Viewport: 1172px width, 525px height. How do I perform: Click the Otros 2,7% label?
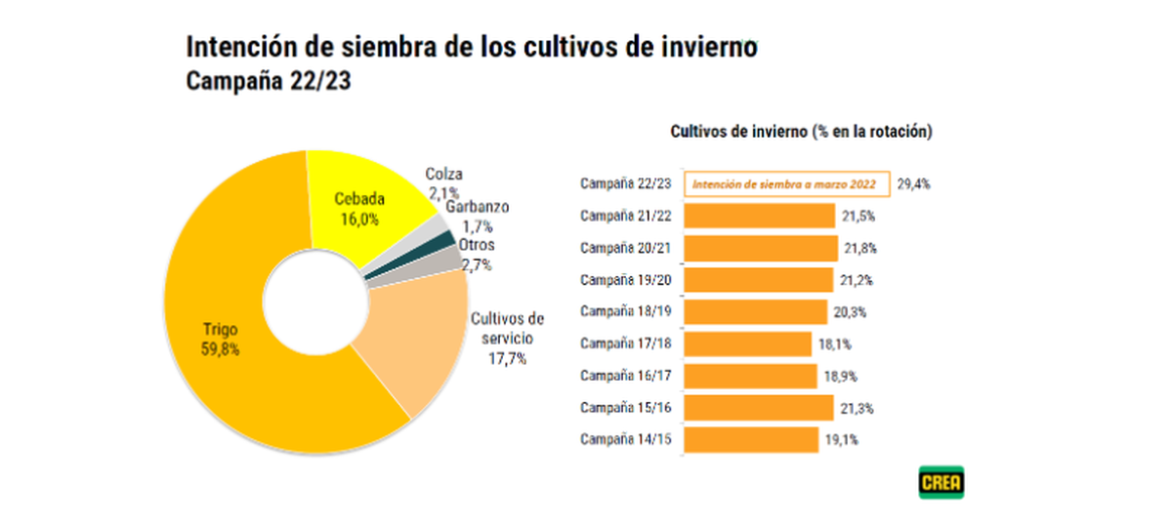pos(477,254)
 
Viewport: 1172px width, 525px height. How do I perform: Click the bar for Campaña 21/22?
pos(759,216)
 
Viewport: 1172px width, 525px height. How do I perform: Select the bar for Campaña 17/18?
pos(747,343)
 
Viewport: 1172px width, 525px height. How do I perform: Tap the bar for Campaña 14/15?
pos(750,439)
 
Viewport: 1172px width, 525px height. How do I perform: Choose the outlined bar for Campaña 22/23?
pos(786,183)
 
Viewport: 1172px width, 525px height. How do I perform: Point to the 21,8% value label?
pos(860,248)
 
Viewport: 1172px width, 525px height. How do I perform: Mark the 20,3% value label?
pos(851,312)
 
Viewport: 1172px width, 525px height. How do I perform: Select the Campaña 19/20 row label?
pos(625,279)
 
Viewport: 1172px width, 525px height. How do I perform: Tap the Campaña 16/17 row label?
pos(625,375)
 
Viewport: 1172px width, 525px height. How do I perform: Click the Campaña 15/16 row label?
pos(625,407)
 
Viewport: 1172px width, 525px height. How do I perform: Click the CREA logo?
pos(941,482)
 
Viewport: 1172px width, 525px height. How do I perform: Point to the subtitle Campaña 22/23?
pos(268,82)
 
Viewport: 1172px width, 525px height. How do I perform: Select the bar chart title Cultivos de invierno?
pos(799,131)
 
